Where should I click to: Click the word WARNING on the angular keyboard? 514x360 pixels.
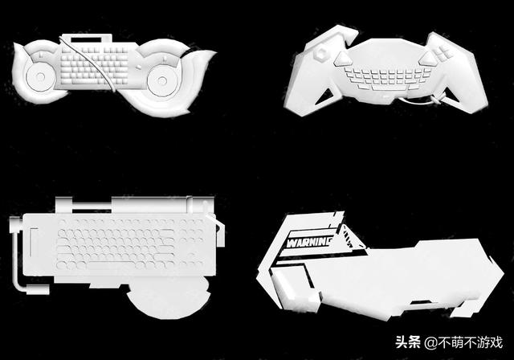[308, 243]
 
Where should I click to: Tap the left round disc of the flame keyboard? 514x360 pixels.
[40, 77]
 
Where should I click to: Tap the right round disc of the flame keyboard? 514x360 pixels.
[162, 80]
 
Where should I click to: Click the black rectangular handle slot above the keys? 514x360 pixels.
[86, 39]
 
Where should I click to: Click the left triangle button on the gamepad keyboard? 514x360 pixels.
[341, 59]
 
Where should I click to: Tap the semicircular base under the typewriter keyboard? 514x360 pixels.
[168, 297]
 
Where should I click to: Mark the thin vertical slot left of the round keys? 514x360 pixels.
[31, 242]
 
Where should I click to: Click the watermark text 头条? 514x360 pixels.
[408, 342]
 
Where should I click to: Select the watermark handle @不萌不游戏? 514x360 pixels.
[463, 342]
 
